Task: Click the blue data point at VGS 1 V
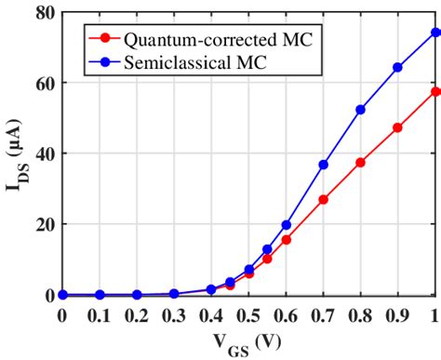coord(435,32)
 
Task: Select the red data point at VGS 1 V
coord(435,91)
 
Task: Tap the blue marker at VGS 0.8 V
coord(360,110)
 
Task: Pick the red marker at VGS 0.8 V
coord(360,162)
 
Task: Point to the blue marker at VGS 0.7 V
coord(323,165)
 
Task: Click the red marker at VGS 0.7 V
coord(323,199)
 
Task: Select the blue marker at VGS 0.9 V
coord(397,67)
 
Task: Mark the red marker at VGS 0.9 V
coord(397,127)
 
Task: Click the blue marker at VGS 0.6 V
coord(286,224)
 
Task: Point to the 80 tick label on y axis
coord(43,12)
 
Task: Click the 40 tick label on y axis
coord(43,153)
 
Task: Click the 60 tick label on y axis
coord(43,83)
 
